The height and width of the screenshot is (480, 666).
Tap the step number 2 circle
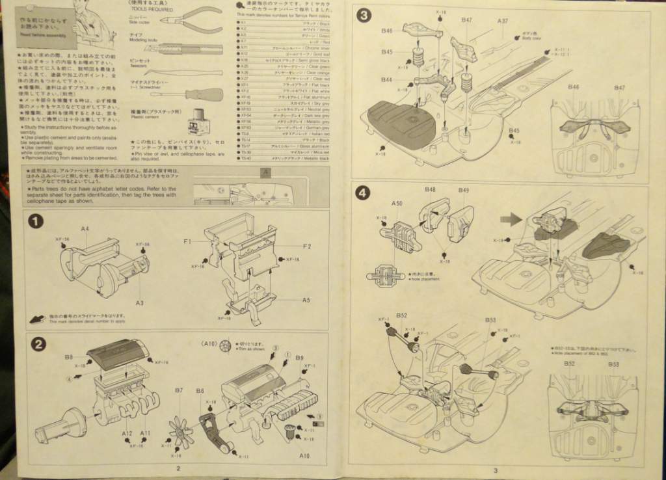(x=38, y=345)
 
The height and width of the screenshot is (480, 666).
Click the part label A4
(x=85, y=230)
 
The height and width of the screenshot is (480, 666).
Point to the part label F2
(x=307, y=247)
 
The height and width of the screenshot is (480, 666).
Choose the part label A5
(x=306, y=300)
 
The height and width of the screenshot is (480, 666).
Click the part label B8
(x=68, y=356)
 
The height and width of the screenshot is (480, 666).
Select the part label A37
(x=503, y=21)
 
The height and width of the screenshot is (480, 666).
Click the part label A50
(x=397, y=204)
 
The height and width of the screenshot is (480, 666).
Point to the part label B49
(x=463, y=190)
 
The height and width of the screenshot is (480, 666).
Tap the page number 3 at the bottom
(x=495, y=471)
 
